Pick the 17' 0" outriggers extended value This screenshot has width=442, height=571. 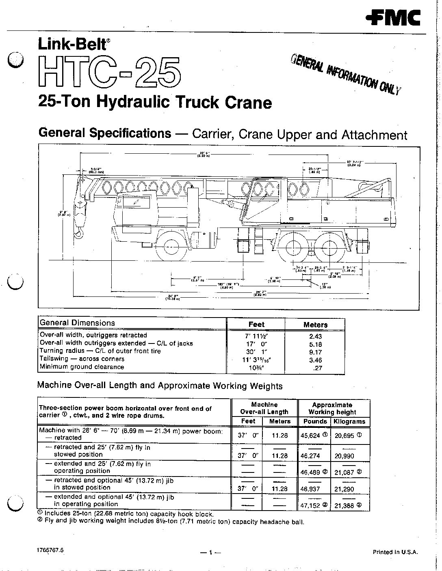coord(256,343)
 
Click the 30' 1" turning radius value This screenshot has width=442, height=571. coord(256,351)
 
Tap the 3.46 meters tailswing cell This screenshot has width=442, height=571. coord(315,359)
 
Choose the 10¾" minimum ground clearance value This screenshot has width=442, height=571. coord(256,367)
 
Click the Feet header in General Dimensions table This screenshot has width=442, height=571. coord(256,324)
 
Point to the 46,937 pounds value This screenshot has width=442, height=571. coord(311,489)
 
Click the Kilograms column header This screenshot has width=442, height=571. coord(349,421)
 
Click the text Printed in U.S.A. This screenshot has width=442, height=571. coord(395,552)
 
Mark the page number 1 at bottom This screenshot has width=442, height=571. coord(210,552)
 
